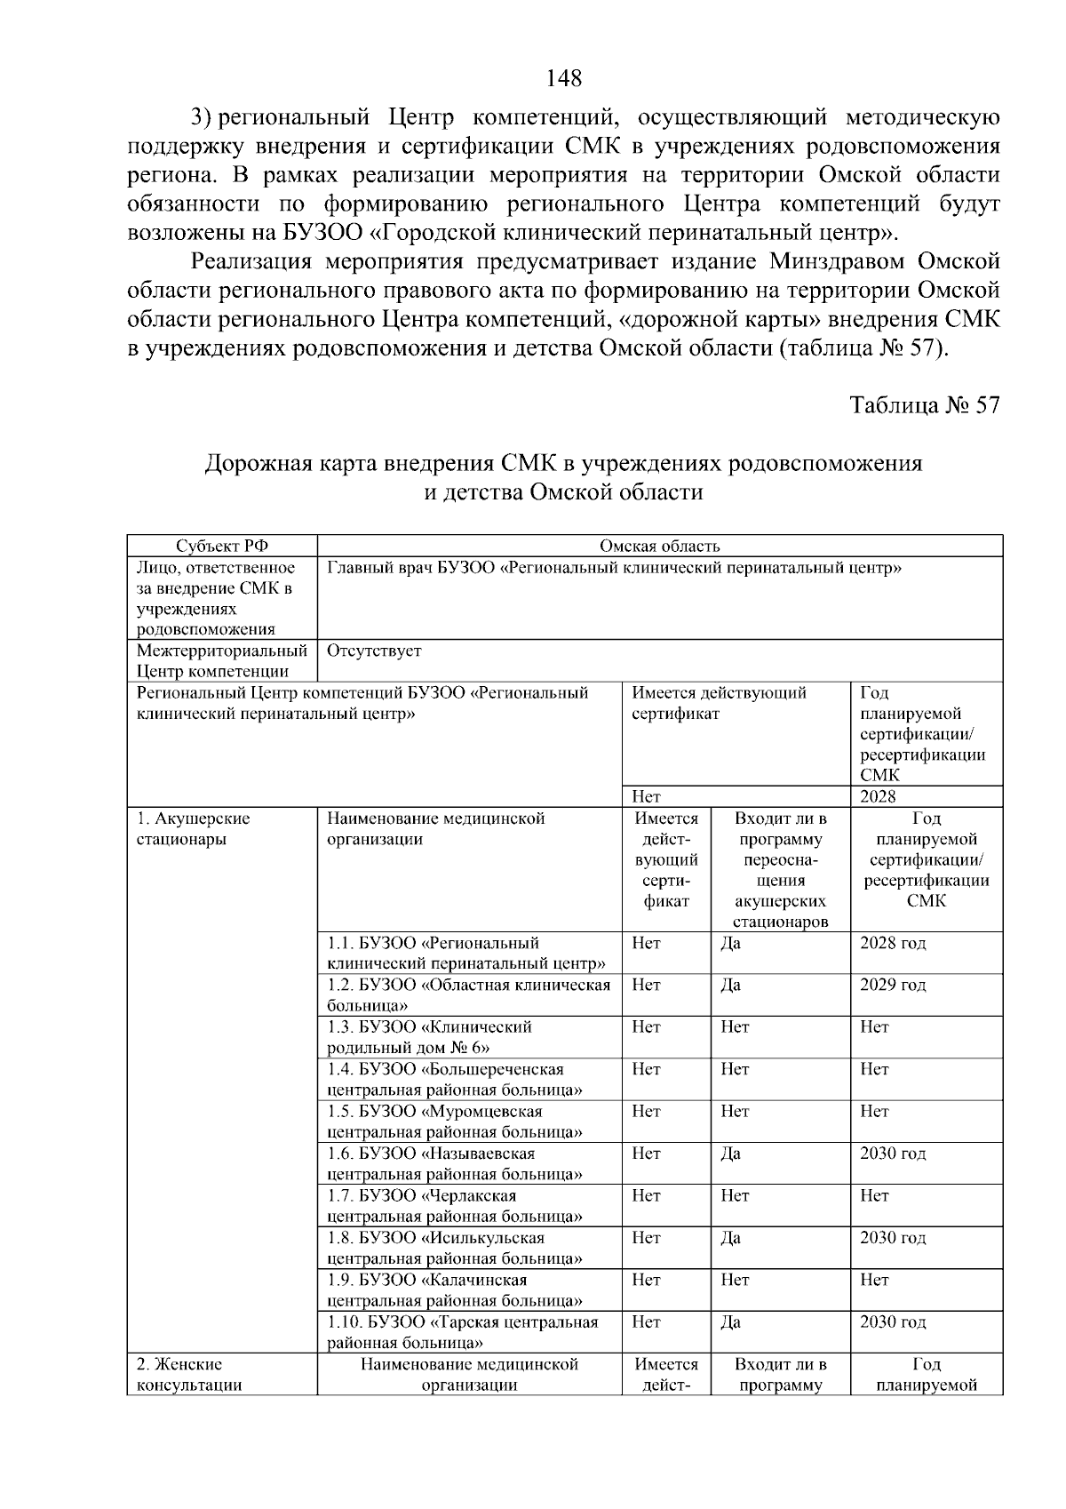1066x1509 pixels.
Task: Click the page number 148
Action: click(x=564, y=78)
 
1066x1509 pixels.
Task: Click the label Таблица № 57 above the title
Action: click(x=925, y=405)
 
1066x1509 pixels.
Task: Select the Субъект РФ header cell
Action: click(x=222, y=547)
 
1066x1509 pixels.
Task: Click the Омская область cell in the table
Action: click(x=659, y=547)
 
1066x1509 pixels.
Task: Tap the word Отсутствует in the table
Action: click(x=374, y=651)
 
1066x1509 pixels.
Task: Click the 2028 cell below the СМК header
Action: click(x=878, y=796)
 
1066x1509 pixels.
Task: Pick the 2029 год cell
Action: click(x=892, y=985)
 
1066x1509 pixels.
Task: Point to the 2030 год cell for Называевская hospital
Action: click(x=892, y=1154)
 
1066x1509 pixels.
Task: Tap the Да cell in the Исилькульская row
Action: click(x=730, y=1238)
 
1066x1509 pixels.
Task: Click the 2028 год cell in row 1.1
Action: click(x=892, y=943)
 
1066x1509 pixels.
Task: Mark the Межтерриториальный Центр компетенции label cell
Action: click(x=222, y=661)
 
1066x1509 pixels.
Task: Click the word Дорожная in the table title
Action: click(x=251, y=463)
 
